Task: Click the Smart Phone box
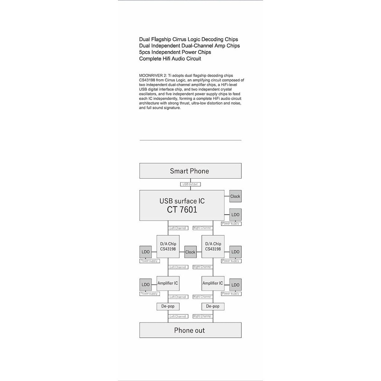(190, 171)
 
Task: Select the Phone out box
(190, 330)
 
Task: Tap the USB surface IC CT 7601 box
(182, 205)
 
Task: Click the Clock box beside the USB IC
(235, 196)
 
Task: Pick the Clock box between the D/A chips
(190, 252)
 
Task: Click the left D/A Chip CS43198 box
(168, 246)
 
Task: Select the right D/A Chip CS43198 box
(213, 246)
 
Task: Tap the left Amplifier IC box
(168, 283)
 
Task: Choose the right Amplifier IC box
(213, 283)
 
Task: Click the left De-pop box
(168, 306)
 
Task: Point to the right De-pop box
(213, 306)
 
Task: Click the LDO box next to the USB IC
(235, 215)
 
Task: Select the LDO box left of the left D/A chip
(145, 252)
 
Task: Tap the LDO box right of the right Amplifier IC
(235, 285)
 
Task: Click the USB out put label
(190, 184)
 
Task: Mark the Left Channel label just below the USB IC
(177, 228)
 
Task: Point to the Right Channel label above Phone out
(203, 316)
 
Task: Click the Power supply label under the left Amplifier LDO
(149, 294)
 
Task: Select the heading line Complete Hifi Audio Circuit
(170, 59)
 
